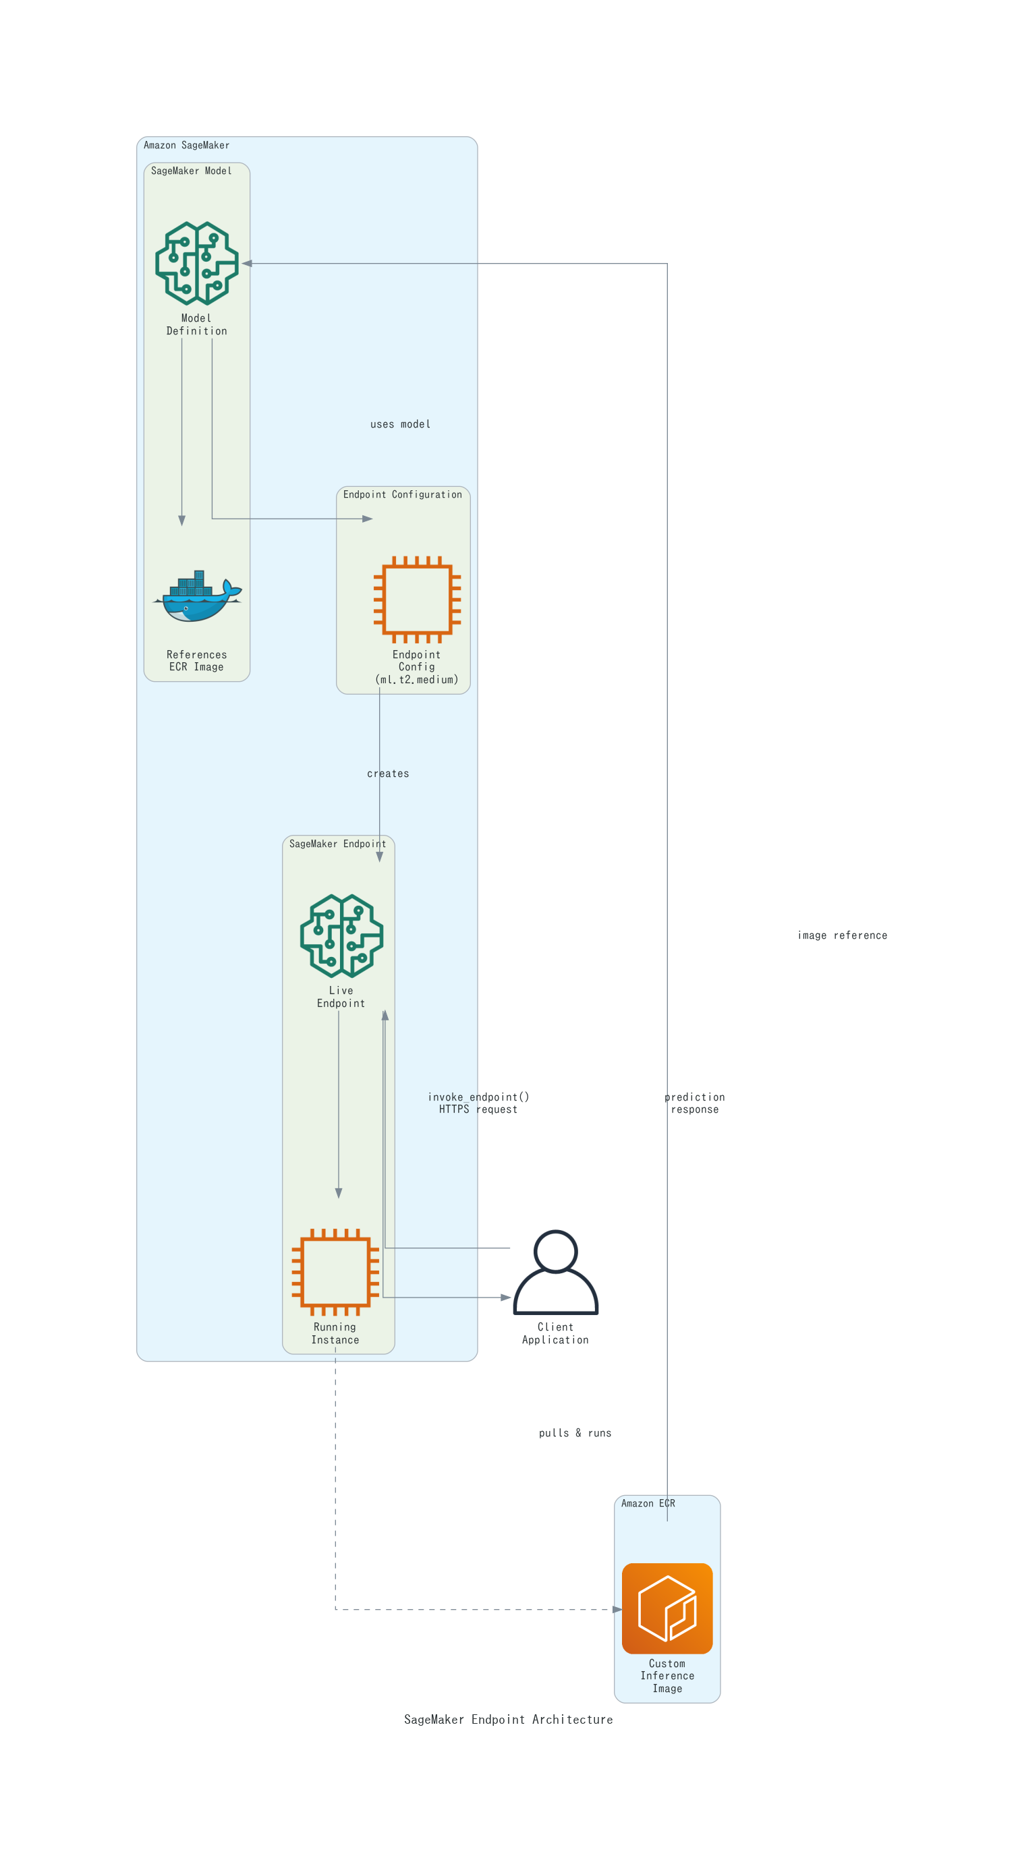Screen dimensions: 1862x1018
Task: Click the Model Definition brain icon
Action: pyautogui.click(x=197, y=263)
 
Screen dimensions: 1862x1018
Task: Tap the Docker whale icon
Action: pyautogui.click(x=197, y=597)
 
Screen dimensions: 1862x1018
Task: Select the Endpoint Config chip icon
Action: pyautogui.click(x=416, y=600)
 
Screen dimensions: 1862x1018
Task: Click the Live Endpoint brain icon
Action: pyautogui.click(x=341, y=935)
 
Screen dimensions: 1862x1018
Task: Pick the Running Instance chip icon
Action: pyautogui.click(x=335, y=1271)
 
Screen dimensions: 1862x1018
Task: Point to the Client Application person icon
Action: pyautogui.click(x=555, y=1271)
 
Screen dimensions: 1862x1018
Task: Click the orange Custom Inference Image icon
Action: pyautogui.click(x=667, y=1608)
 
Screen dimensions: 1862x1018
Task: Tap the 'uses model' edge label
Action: pyautogui.click(x=400, y=424)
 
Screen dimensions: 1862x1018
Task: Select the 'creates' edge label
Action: pyautogui.click(x=387, y=774)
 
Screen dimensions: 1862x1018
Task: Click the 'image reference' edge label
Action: pyautogui.click(x=841, y=935)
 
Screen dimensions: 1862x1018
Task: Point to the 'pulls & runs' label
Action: pyautogui.click(x=575, y=1432)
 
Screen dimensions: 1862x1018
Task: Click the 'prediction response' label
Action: pyautogui.click(x=694, y=1103)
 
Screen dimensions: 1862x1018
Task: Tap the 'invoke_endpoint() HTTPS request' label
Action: pyautogui.click(x=478, y=1103)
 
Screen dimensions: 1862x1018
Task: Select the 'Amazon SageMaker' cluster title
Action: pyautogui.click(x=187, y=145)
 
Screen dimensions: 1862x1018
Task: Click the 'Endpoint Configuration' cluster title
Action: pyautogui.click(x=402, y=494)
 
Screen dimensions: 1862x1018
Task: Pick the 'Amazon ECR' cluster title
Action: pyautogui.click(x=647, y=1503)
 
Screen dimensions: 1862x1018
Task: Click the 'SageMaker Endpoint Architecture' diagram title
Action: pyautogui.click(x=508, y=1720)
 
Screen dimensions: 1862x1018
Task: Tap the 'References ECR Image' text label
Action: pyautogui.click(x=197, y=661)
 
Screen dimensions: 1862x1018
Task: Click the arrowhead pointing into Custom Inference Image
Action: pyautogui.click(x=617, y=1609)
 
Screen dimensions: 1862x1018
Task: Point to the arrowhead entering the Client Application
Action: pyautogui.click(x=506, y=1298)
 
